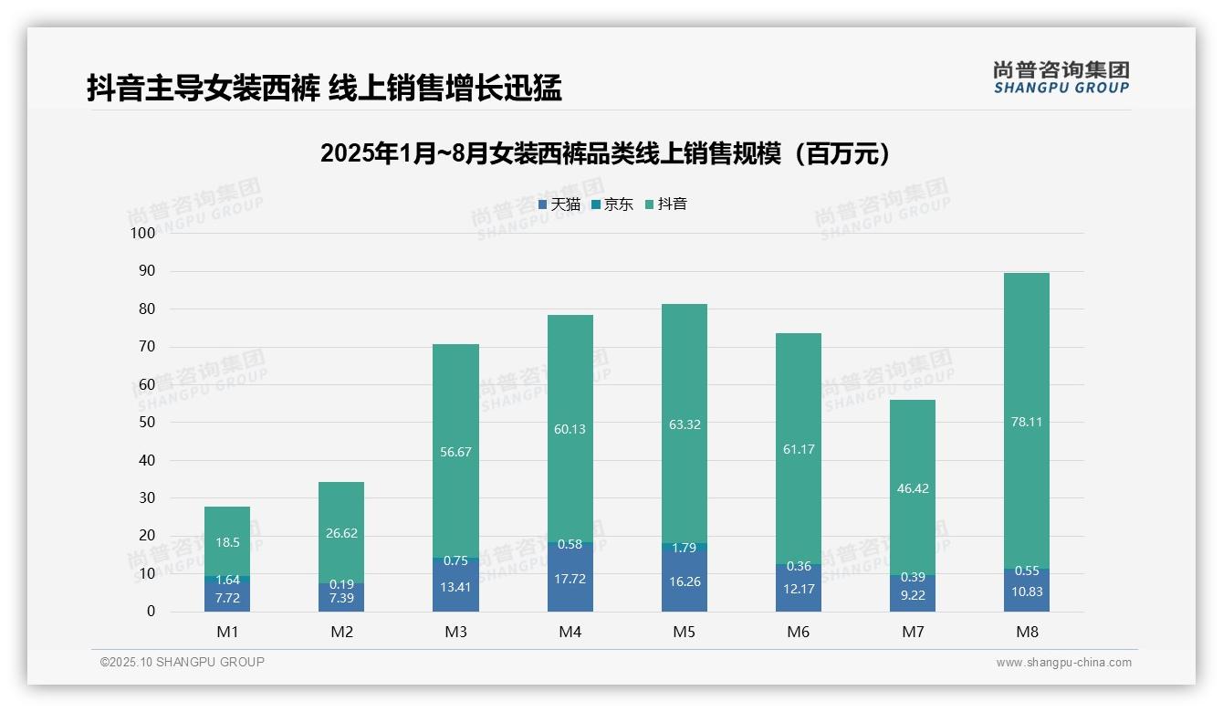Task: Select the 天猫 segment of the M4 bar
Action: pos(570,579)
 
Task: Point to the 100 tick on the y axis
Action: pos(143,233)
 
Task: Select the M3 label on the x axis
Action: pos(456,632)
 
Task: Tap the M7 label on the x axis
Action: pos(913,632)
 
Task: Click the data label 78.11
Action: pos(1027,422)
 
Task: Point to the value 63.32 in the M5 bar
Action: pos(685,424)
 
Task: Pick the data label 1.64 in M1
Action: pos(227,580)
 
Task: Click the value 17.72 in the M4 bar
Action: pos(570,578)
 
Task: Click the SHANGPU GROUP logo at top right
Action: pos(1061,78)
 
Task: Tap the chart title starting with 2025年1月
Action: pos(606,154)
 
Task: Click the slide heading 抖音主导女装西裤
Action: pos(324,89)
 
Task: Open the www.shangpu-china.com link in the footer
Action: pos(1063,663)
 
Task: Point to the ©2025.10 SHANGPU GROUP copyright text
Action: pos(183,662)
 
